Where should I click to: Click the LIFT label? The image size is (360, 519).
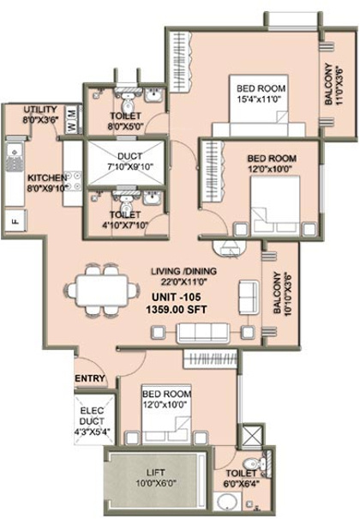[x=153, y=476]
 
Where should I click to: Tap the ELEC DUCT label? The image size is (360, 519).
[x=90, y=416]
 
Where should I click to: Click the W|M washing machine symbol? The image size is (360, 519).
[x=71, y=113]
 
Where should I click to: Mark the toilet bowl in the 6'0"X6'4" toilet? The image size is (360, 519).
[x=249, y=466]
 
